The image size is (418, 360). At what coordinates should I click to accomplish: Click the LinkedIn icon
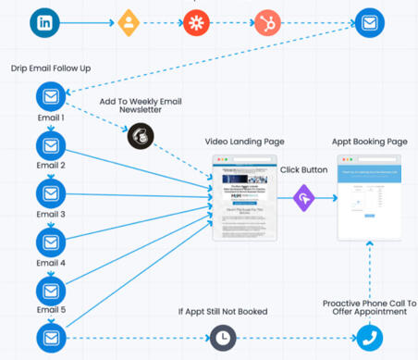44,22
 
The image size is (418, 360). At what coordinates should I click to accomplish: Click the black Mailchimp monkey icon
141,136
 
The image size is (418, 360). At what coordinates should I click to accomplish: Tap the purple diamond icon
306,198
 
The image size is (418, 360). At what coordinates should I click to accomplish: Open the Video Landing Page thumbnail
245,199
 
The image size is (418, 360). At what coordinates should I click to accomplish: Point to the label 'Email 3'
50,214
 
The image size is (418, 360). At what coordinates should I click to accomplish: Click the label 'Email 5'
50,310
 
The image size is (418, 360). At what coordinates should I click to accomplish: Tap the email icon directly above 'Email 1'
50,96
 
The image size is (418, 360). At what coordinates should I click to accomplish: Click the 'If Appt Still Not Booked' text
223,311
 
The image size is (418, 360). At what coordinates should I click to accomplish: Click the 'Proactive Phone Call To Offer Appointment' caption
370,306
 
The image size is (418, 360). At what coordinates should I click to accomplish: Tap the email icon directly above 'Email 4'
50,242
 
